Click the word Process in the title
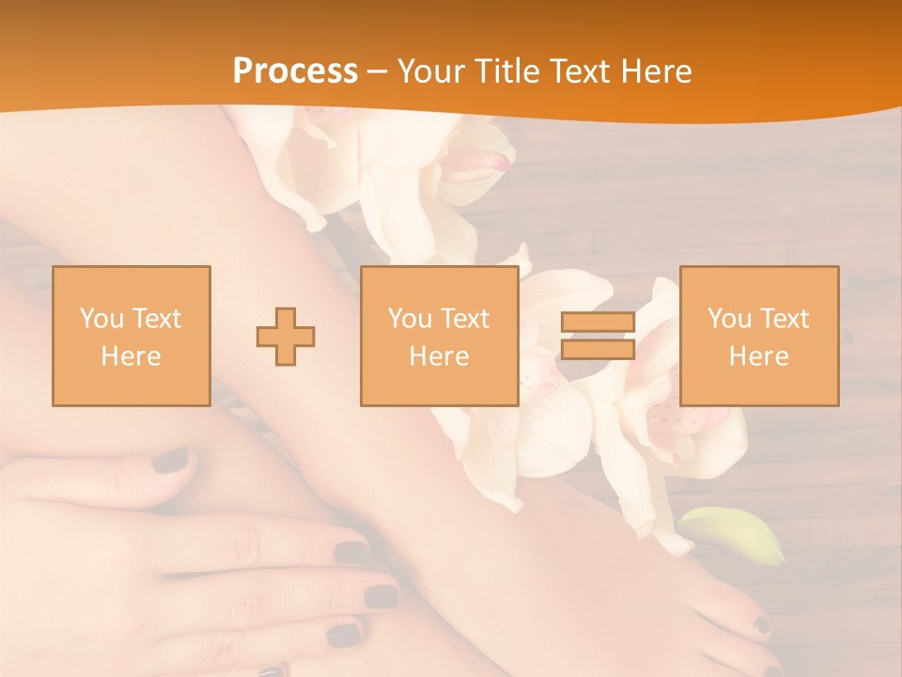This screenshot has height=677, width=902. (295, 71)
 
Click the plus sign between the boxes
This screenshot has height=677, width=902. (286, 336)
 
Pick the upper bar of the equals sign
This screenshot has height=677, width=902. (598, 323)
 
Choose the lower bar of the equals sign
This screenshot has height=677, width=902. (598, 349)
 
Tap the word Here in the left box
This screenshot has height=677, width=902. (131, 356)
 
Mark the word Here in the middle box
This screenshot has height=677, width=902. (439, 356)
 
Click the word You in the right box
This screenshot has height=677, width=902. (730, 318)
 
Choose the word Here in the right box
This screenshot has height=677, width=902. (758, 356)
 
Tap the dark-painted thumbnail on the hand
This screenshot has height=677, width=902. (171, 460)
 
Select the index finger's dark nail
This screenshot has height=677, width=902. (350, 552)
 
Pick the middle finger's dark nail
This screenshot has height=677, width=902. (381, 596)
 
